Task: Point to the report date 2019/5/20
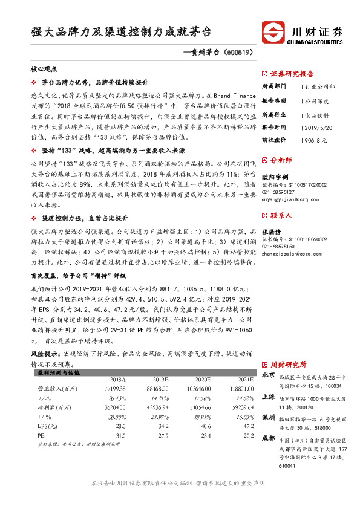316,128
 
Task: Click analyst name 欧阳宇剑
274,177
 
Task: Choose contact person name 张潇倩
272,232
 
